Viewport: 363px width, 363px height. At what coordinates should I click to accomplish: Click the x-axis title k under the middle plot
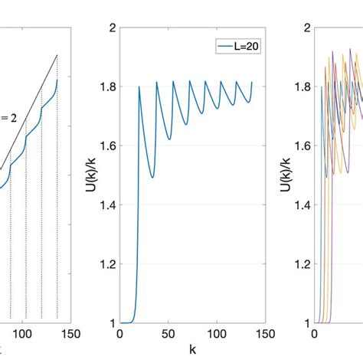coord(191,350)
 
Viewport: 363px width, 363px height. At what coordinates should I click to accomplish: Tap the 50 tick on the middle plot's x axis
coord(168,334)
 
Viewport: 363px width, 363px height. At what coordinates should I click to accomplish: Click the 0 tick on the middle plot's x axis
coord(120,334)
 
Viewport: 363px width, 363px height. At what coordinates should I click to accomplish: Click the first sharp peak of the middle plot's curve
coord(139,87)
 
